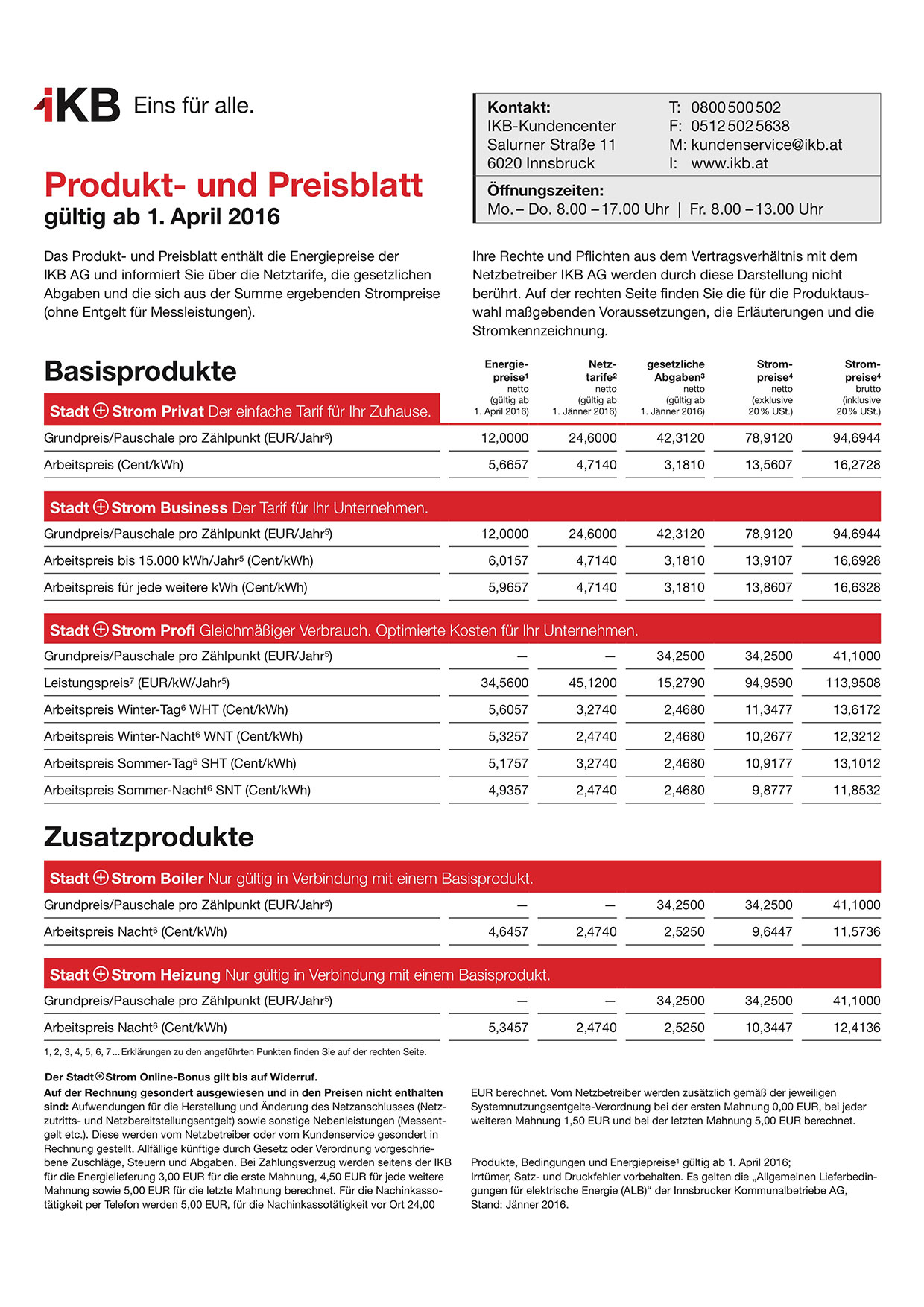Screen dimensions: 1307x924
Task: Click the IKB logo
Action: [77, 105]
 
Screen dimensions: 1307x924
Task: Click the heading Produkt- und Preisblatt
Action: [233, 185]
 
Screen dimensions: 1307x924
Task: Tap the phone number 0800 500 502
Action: [735, 107]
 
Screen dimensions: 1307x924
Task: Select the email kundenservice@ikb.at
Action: [766, 145]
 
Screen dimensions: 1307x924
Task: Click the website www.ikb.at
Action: [729, 163]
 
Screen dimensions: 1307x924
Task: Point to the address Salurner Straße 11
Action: [551, 145]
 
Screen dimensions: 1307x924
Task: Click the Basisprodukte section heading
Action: [140, 371]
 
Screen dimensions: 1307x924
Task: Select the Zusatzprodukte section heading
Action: [148, 837]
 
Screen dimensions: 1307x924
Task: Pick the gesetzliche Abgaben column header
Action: [675, 371]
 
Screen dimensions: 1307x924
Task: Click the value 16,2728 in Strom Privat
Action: [856, 465]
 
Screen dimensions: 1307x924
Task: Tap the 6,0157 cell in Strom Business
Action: [508, 561]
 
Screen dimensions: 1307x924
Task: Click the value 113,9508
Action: [852, 683]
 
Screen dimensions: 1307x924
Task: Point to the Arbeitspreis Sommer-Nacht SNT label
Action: [177, 791]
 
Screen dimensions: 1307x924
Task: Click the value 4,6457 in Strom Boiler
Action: [508, 932]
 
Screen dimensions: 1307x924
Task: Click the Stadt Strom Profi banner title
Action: [122, 630]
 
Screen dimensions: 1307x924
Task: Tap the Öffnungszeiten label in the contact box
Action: [545, 190]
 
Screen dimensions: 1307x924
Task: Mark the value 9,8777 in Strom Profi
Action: [772, 791]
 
